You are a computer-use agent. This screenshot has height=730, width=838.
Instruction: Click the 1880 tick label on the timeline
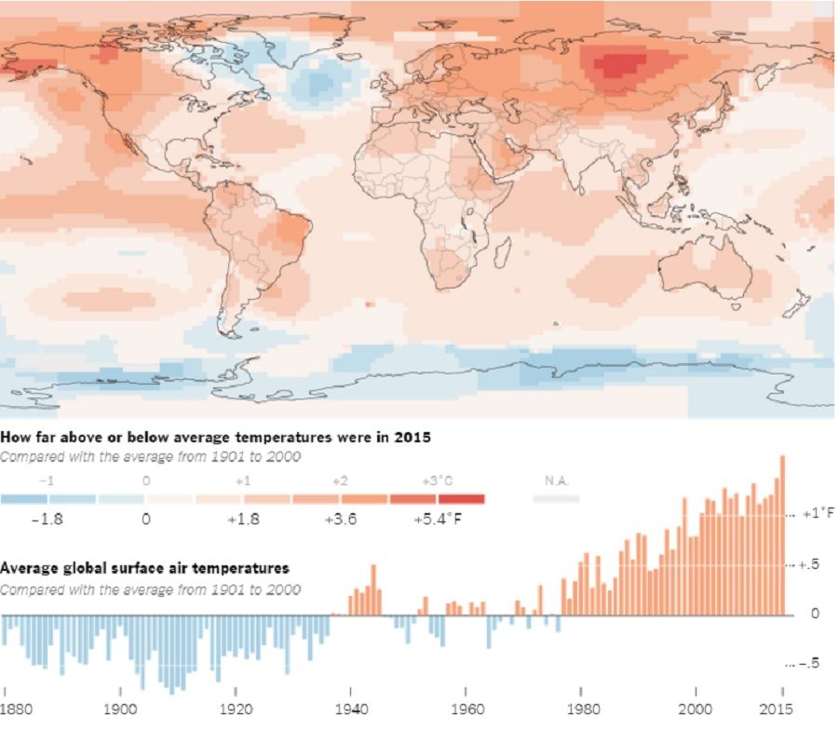tap(17, 707)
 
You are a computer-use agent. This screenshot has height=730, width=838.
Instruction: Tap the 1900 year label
tap(120, 707)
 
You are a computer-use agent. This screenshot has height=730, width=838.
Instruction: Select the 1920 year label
tap(236, 707)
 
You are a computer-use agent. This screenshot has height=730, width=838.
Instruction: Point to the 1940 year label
tap(351, 707)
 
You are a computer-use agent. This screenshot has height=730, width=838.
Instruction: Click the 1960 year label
tap(466, 707)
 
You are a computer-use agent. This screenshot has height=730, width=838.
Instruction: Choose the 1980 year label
tap(581, 707)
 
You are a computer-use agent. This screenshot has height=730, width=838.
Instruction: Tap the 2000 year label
tap(696, 707)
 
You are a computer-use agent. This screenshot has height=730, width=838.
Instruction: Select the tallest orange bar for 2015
tap(782, 534)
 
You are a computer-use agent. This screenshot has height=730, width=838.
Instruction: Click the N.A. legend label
tap(556, 481)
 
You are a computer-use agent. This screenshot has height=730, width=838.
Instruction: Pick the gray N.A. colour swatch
tap(556, 499)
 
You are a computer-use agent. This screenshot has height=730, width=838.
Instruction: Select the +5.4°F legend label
tap(438, 519)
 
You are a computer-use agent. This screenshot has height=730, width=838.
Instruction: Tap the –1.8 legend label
tap(47, 519)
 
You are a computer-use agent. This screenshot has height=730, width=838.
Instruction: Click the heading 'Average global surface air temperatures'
tap(145, 568)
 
